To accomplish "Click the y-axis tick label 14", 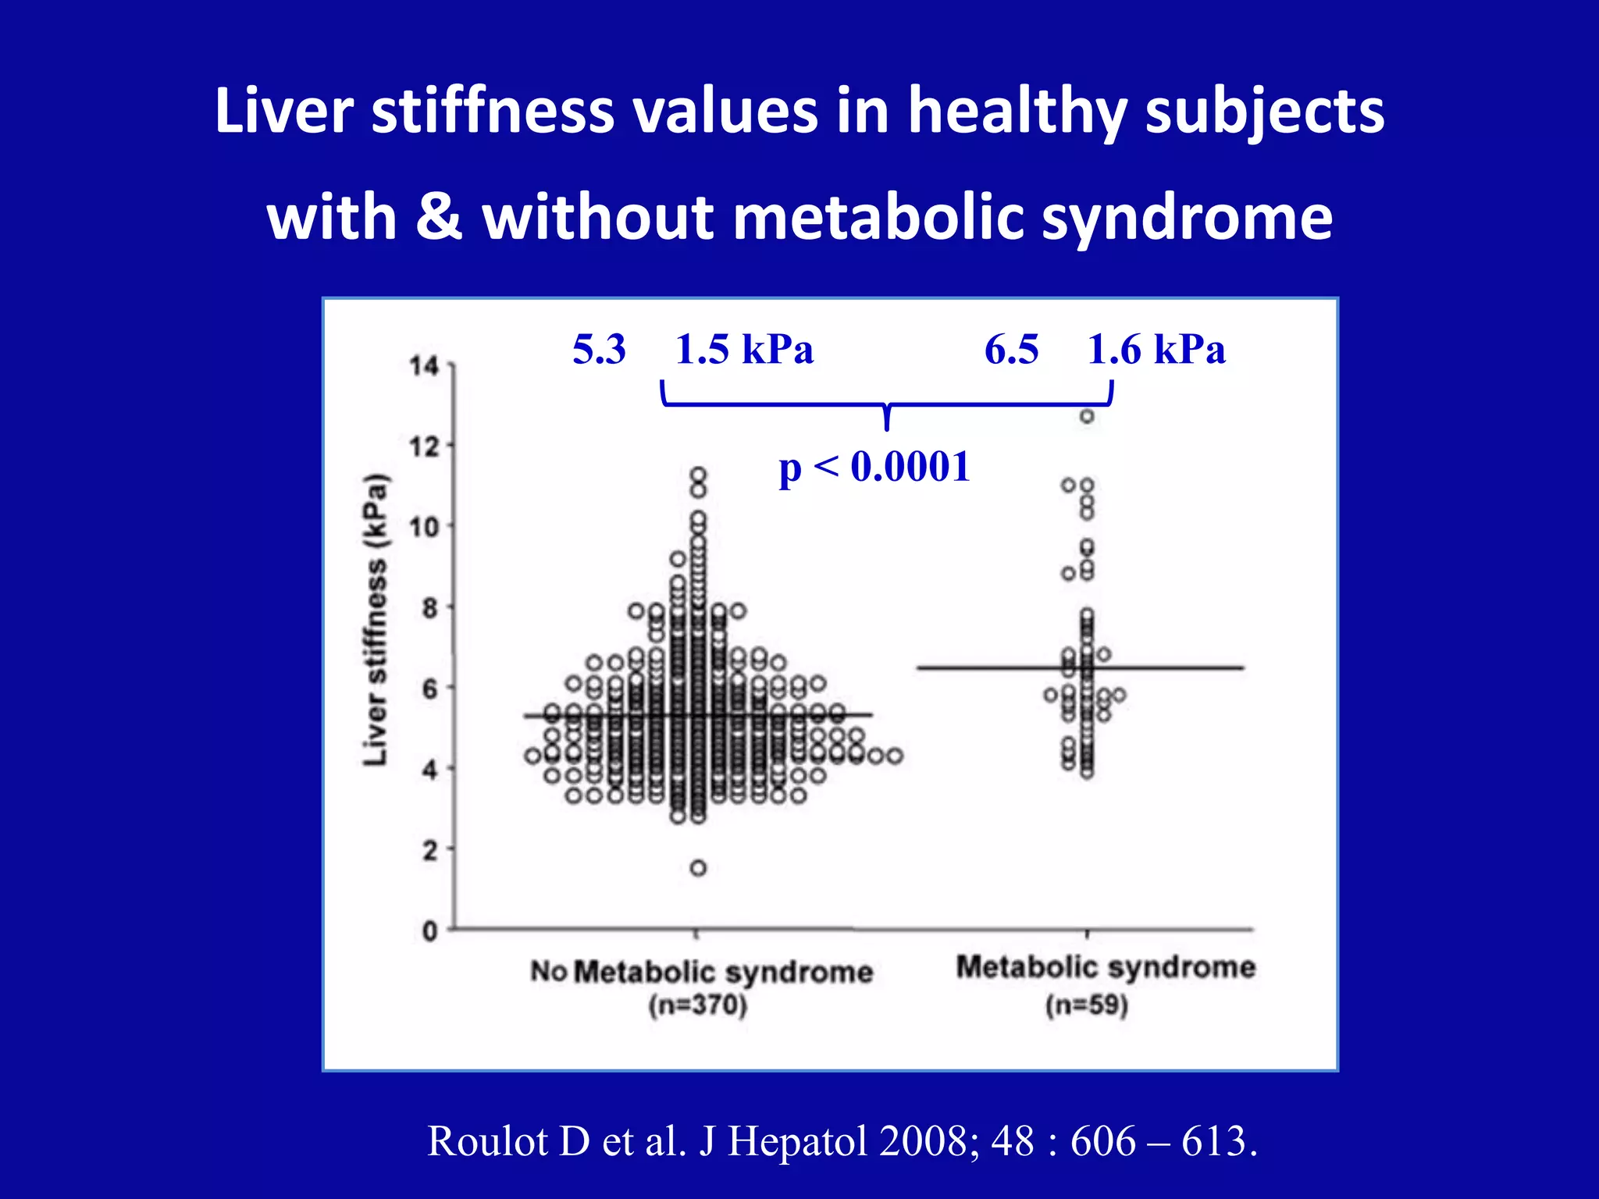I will click(425, 365).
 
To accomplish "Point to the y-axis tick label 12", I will click(425, 447).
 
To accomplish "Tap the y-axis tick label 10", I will click(425, 528).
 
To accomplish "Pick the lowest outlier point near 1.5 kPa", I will click(698, 868).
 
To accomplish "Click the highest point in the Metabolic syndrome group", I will click(1087, 416).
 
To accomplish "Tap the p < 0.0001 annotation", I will click(874, 467).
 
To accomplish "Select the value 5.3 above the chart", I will click(599, 349).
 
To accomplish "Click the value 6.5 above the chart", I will click(1011, 349).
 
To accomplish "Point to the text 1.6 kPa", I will click(1156, 349).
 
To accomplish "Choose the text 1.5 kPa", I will click(744, 349).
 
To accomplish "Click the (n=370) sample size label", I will click(698, 1005).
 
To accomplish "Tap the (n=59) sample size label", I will click(1087, 1005).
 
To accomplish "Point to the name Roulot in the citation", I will click(488, 1141).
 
